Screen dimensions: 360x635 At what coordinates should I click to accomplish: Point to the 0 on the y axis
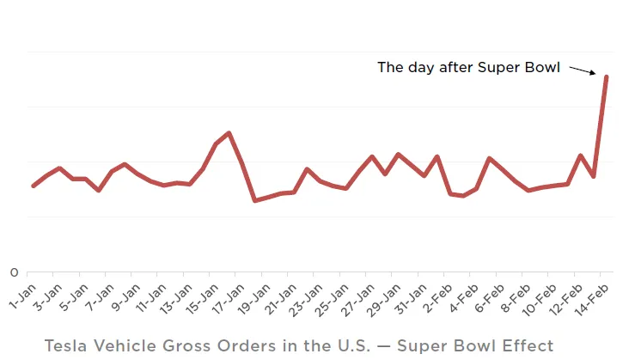tap(14, 273)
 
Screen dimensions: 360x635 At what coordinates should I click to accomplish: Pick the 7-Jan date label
tap(101, 292)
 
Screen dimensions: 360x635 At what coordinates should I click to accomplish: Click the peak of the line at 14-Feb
tap(607, 76)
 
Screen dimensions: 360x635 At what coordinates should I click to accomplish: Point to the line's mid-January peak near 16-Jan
tap(229, 133)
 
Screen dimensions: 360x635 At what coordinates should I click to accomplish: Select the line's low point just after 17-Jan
tap(254, 201)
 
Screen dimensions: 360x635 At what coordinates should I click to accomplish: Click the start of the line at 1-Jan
tap(34, 186)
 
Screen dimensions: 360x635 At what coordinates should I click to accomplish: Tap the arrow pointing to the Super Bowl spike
tap(583, 70)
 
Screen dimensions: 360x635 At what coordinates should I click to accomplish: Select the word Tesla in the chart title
tap(65, 345)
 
